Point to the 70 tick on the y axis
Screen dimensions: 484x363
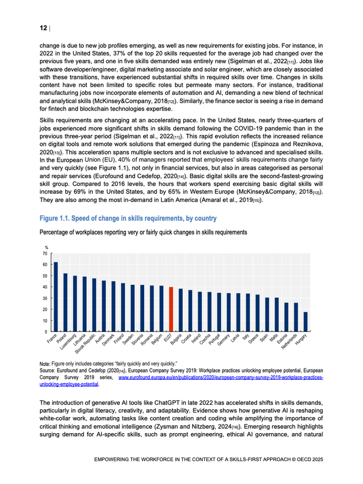[x=45, y=254]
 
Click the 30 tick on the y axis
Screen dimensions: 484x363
[x=45, y=298]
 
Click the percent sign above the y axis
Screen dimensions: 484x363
[x=46, y=247]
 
